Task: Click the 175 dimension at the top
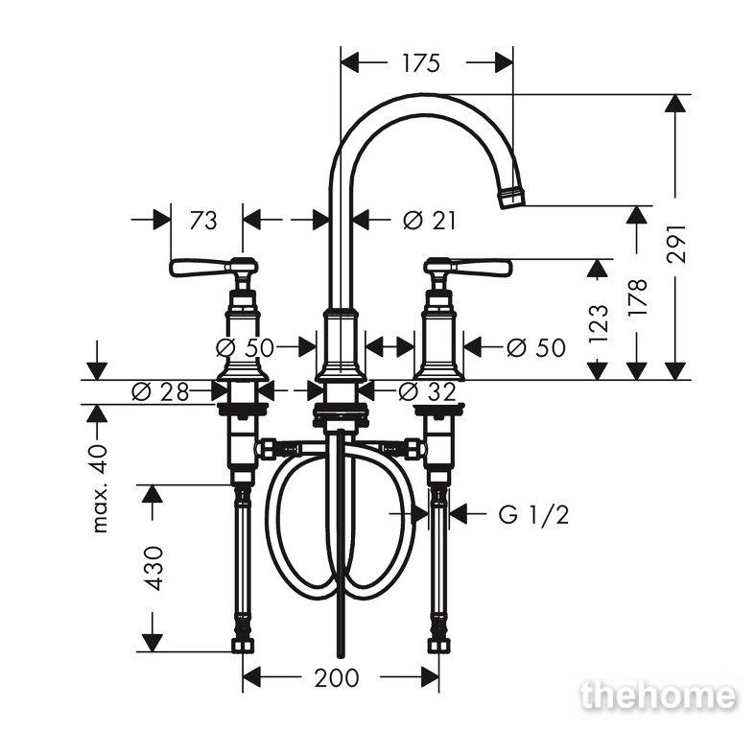pos(421,63)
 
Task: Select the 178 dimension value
pos(637,297)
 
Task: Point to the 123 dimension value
pos(599,323)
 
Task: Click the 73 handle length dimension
pos(203,221)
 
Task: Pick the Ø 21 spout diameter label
pos(429,221)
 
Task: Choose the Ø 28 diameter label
pos(160,392)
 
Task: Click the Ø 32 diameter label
pos(427,392)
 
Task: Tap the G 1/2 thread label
pos(533,515)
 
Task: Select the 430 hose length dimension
pos(155,568)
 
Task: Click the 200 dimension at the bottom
pos(337,677)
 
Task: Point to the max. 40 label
pos(100,488)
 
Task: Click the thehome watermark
pos(658,696)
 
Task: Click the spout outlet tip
pos(512,198)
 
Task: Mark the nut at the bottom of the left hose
pos(242,646)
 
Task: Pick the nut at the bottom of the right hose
pos(440,646)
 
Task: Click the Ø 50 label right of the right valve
pos(536,347)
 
